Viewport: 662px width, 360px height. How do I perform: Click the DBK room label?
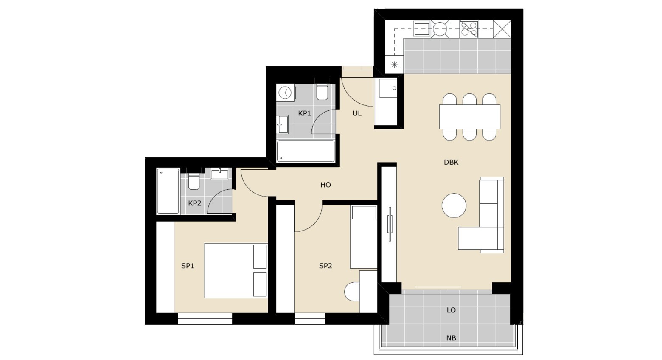click(451, 162)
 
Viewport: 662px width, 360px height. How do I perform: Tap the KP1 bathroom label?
click(304, 113)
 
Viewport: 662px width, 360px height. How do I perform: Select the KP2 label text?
click(195, 203)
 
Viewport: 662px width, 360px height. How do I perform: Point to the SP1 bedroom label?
click(188, 266)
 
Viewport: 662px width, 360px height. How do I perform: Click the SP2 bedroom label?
click(325, 266)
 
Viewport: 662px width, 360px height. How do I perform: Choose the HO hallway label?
click(325, 185)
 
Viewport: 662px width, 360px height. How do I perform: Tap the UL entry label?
click(357, 113)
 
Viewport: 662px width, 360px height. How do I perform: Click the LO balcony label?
click(451, 310)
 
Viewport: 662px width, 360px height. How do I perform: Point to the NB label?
click(451, 338)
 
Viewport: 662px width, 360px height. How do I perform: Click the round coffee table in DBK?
click(454, 205)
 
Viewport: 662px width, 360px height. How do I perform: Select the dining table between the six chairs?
click(470, 117)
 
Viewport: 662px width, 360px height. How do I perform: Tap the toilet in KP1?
click(322, 93)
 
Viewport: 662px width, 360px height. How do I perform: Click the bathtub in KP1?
click(306, 151)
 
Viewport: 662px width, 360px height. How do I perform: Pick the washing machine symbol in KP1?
click(286, 93)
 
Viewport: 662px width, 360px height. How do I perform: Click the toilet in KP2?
click(194, 181)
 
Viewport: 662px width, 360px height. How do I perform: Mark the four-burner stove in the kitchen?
click(469, 29)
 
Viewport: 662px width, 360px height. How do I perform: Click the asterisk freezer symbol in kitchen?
click(394, 65)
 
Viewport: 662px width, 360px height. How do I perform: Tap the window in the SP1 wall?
click(205, 319)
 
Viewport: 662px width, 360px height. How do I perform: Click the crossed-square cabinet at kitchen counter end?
click(502, 29)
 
